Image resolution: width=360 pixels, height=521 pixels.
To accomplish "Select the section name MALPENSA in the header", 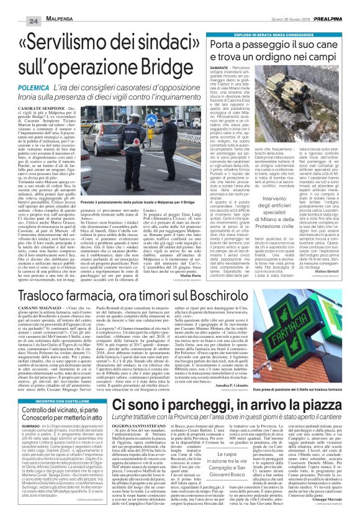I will tap(44, 6).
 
